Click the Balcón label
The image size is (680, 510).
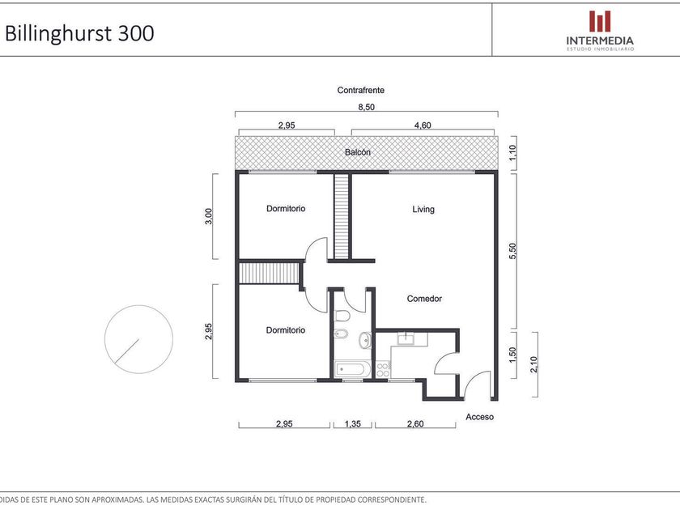tap(358, 152)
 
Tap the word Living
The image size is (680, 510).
tap(423, 210)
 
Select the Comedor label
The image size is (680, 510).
tap(424, 299)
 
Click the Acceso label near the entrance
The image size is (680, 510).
tap(479, 417)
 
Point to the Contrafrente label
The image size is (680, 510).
tap(361, 90)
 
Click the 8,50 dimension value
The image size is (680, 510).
tap(367, 107)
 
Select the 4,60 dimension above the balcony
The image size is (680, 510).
tap(423, 125)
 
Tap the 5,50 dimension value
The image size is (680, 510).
tap(512, 251)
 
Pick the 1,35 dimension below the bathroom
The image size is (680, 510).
tap(353, 423)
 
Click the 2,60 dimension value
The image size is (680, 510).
tap(415, 423)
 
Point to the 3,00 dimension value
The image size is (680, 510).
tap(209, 216)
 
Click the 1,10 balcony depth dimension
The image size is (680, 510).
tap(512, 152)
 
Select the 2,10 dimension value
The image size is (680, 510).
tap(533, 364)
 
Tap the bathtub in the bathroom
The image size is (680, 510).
tap(352, 369)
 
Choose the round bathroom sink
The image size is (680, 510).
tap(365, 339)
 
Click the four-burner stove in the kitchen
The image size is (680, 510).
tap(382, 369)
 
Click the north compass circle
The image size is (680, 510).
tap(138, 339)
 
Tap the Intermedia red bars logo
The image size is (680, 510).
tap(600, 21)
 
